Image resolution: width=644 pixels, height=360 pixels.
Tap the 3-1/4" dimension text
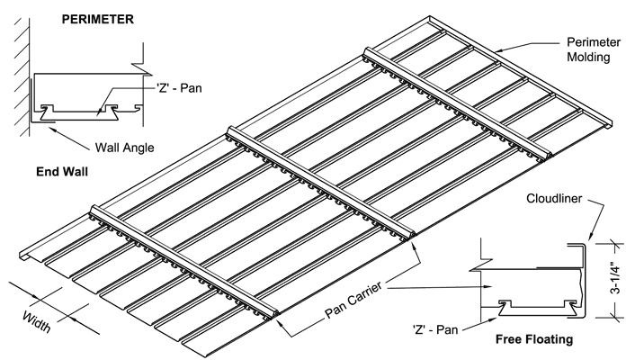click(x=627, y=280)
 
